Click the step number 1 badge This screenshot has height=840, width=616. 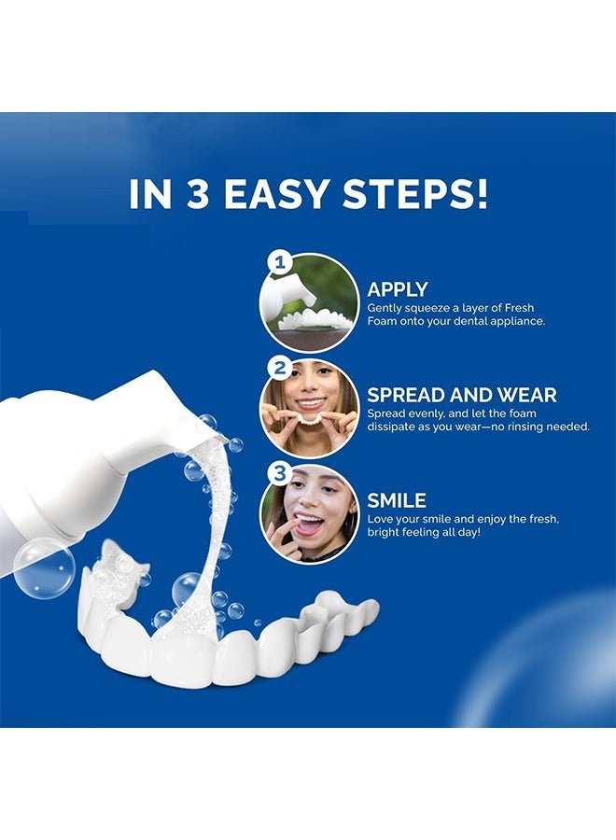point(276,261)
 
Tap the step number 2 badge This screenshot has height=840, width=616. point(276,366)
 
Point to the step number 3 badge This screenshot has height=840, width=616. point(276,473)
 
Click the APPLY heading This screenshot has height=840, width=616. point(398,289)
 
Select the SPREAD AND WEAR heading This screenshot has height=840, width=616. point(461,395)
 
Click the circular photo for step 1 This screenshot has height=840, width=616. point(311,302)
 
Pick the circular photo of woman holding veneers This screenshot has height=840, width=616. point(309,409)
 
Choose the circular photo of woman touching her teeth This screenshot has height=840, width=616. point(309,514)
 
